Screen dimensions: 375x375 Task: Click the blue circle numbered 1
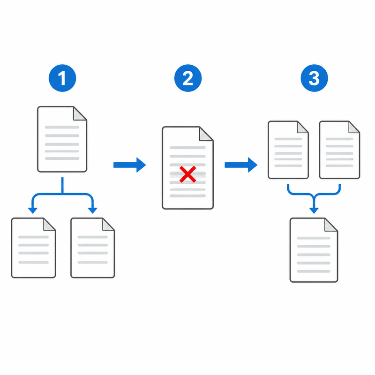pyautogui.click(x=62, y=78)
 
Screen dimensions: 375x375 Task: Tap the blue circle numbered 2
pyautogui.click(x=188, y=78)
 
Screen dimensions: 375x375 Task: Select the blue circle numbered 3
pyautogui.click(x=314, y=78)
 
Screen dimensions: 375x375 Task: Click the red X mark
pyautogui.click(x=188, y=174)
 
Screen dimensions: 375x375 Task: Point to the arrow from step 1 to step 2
pyautogui.click(x=130, y=165)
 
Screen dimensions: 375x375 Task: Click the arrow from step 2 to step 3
pyautogui.click(x=241, y=165)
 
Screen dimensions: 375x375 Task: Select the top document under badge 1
pyautogui.click(x=62, y=139)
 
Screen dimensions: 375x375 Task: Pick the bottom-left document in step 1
pyautogui.click(x=33, y=248)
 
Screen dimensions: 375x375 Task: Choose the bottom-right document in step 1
pyautogui.click(x=93, y=248)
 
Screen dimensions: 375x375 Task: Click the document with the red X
pyautogui.click(x=188, y=168)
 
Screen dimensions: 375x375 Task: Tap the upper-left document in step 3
pyautogui.click(x=288, y=150)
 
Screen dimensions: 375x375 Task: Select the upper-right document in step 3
pyautogui.click(x=339, y=150)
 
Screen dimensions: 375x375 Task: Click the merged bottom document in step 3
pyautogui.click(x=314, y=250)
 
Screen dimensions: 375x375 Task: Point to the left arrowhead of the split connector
pyautogui.click(x=33, y=210)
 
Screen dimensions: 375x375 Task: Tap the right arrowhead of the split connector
pyautogui.click(x=92, y=210)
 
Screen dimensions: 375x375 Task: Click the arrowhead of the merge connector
pyautogui.click(x=314, y=210)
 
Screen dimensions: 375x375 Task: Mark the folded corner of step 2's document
pyautogui.click(x=206, y=134)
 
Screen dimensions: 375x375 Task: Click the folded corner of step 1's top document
pyautogui.click(x=79, y=113)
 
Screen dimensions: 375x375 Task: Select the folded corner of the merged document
pyautogui.click(x=330, y=225)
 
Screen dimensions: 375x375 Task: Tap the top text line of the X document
pyautogui.click(x=188, y=148)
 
